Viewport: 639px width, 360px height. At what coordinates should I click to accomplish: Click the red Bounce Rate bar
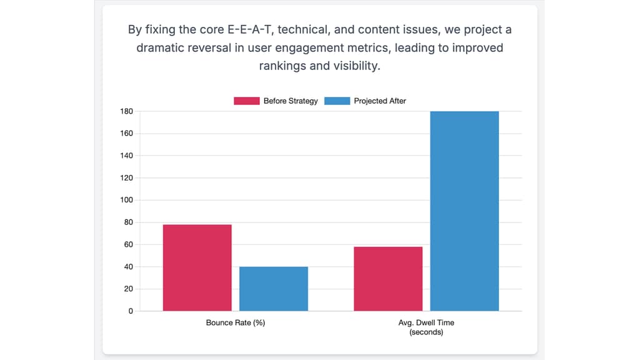(197, 267)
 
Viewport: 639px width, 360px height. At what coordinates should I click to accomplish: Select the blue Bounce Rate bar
(274, 289)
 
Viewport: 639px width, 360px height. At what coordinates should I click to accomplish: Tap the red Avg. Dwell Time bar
(388, 279)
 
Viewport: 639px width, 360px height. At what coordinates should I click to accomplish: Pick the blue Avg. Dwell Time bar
(464, 211)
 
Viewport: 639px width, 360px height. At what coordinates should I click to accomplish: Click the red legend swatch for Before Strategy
(246, 101)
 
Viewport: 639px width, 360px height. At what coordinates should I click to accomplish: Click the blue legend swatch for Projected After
(337, 101)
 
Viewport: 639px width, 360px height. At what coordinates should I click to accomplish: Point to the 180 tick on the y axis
(127, 111)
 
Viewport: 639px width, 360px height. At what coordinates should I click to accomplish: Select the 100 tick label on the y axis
(127, 200)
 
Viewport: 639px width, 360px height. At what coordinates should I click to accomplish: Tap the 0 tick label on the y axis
(131, 311)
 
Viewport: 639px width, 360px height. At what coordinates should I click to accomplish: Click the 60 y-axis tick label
(129, 244)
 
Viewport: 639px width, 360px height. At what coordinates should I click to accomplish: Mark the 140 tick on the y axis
(127, 156)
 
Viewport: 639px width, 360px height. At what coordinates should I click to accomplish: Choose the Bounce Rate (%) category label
(235, 323)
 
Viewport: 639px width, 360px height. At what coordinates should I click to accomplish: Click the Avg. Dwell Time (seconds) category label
(426, 327)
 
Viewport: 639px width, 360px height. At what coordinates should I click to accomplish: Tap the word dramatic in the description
(159, 48)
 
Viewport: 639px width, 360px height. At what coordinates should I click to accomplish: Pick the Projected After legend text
(380, 101)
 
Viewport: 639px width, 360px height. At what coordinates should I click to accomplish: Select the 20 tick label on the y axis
(129, 289)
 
